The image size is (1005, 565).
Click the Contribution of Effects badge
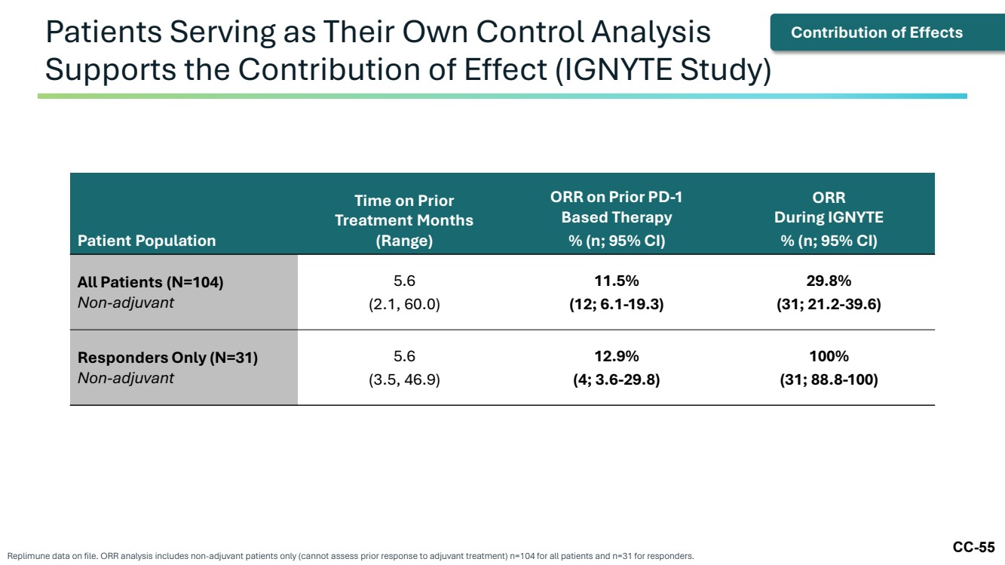[887, 32]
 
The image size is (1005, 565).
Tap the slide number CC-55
[973, 547]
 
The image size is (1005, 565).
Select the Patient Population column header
[147, 241]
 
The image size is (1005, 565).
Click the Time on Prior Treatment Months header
[404, 220]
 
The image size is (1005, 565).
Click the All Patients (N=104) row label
[150, 282]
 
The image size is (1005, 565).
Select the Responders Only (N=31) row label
[167, 358]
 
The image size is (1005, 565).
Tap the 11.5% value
[617, 281]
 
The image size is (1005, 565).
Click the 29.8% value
[829, 281]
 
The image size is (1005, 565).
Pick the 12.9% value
[617, 356]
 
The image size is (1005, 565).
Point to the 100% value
[829, 356]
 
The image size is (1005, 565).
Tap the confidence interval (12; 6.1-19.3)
[617, 304]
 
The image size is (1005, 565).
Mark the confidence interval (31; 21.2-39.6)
[829, 304]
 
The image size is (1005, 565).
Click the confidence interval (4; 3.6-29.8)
[617, 379]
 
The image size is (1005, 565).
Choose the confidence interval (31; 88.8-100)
[829, 379]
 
